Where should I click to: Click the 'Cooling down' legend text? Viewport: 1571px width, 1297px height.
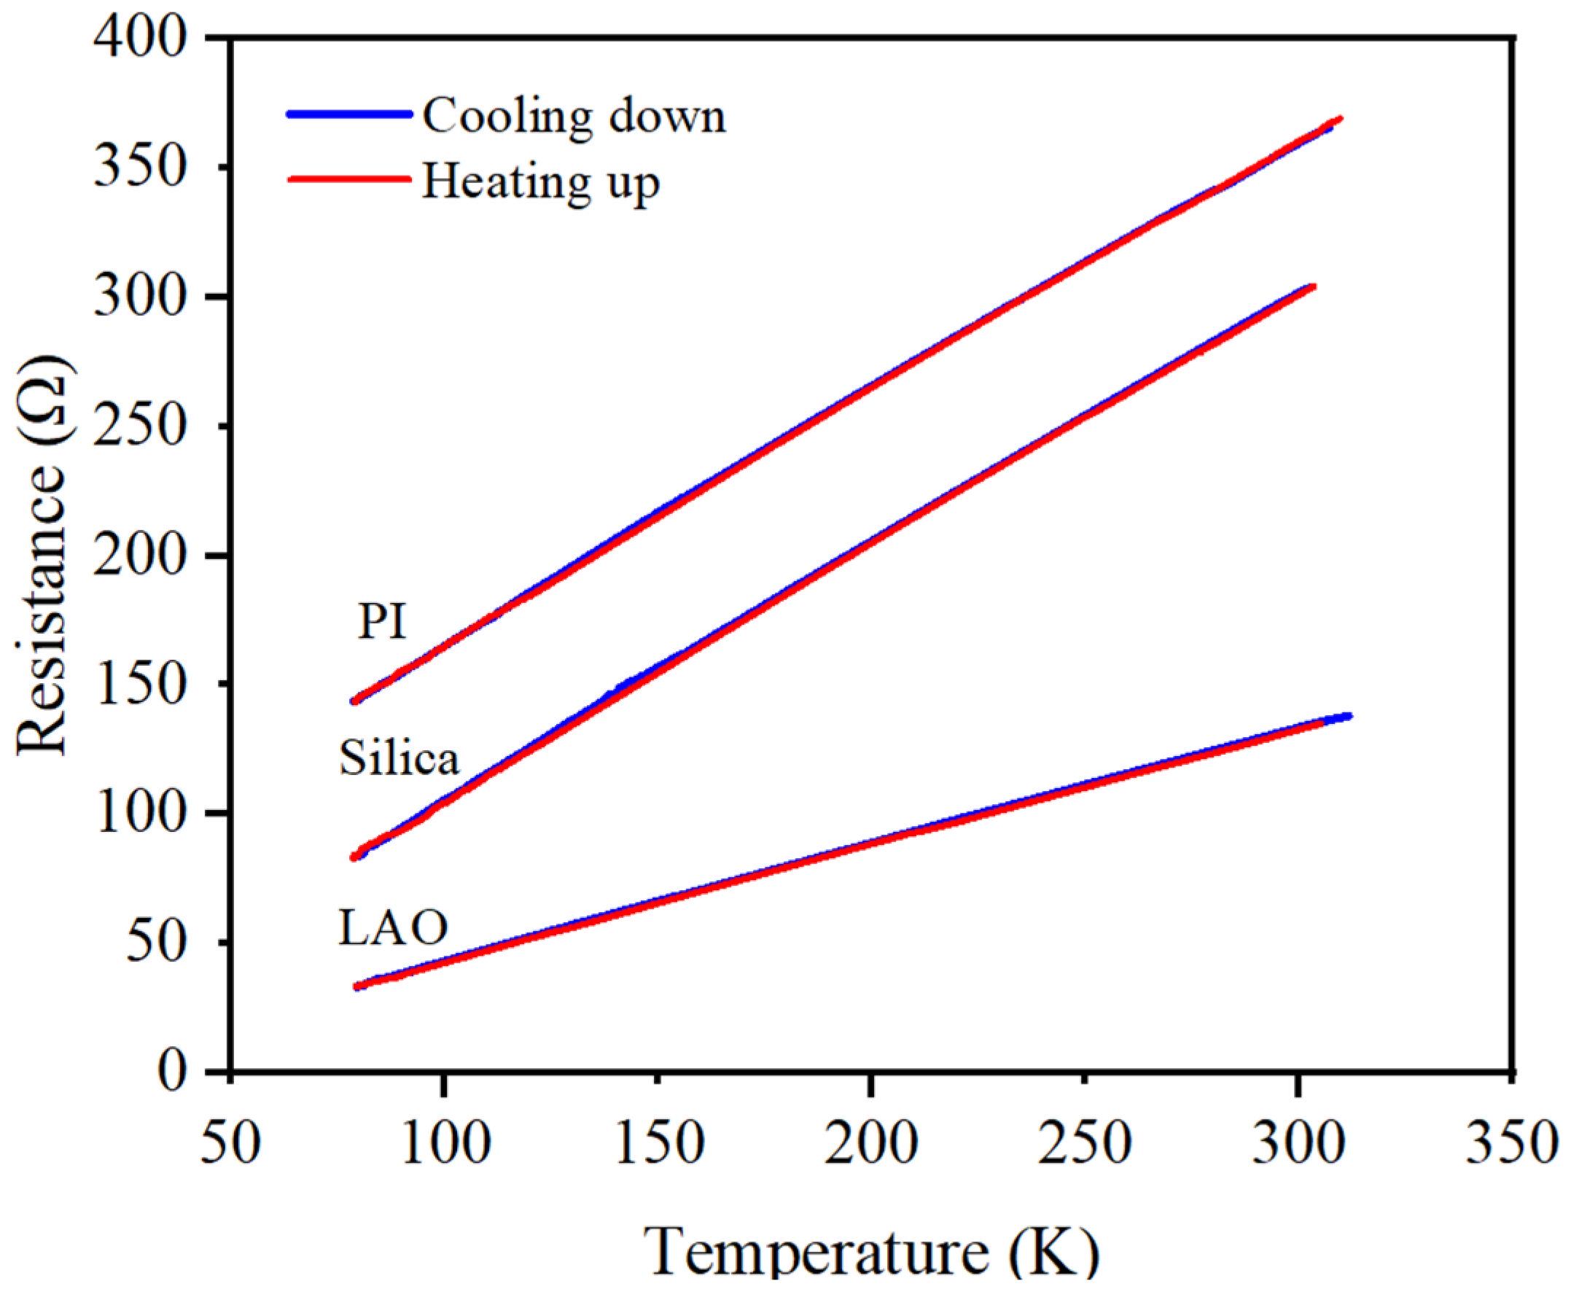coord(574,117)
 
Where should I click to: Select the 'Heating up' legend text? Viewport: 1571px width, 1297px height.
coord(541,182)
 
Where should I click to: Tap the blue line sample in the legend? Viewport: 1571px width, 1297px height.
coord(349,114)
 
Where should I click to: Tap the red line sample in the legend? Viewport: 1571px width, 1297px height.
coord(349,179)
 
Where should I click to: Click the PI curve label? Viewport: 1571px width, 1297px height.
coord(382,621)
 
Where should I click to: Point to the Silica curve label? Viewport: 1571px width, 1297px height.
coord(399,758)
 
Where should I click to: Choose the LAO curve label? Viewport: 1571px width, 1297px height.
coord(393,928)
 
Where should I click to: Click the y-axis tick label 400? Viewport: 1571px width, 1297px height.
coord(139,39)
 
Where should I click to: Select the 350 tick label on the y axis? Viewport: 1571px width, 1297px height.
coord(139,168)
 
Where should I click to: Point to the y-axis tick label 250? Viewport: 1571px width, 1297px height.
coord(139,427)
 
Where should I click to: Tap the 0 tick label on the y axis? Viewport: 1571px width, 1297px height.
coord(174,1072)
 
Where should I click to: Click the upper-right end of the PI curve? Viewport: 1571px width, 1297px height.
coord(1339,120)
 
